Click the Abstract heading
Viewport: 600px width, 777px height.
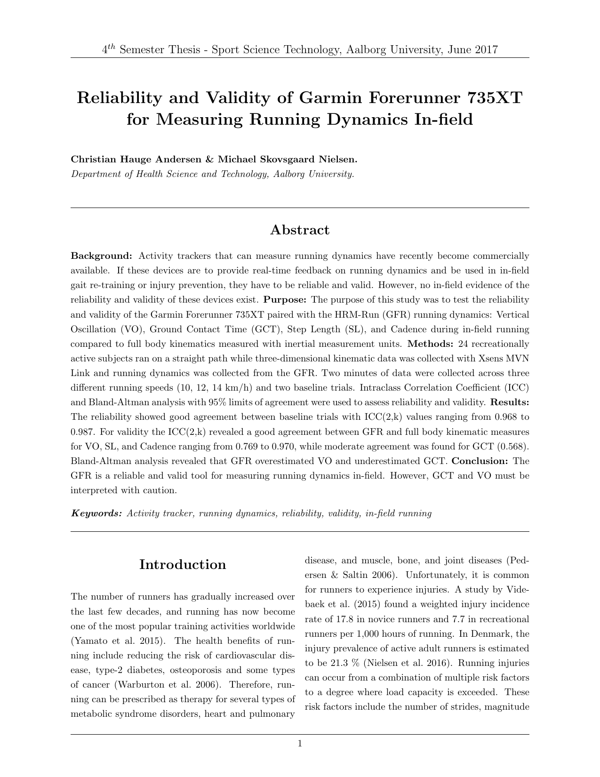pos(300,230)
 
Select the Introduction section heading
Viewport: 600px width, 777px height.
pos(183,565)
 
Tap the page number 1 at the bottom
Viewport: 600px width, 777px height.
pos(300,744)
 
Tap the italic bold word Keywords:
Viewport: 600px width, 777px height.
pos(96,513)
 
